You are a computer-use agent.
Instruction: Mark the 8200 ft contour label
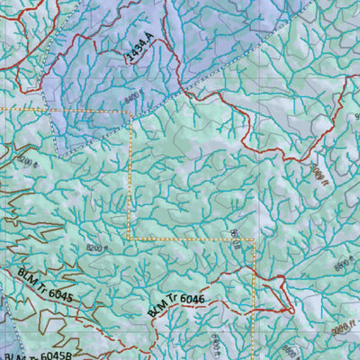[x=30, y=163]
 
